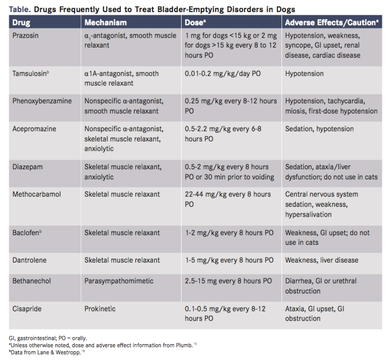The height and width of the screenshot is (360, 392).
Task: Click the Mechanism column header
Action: point(105,22)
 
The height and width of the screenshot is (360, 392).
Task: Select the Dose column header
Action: point(195,22)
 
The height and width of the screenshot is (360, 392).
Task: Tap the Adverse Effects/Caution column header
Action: point(332,22)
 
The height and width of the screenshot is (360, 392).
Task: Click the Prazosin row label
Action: point(25,35)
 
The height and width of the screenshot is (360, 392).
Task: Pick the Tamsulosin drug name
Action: point(30,74)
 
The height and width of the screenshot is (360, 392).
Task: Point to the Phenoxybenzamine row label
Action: point(42,101)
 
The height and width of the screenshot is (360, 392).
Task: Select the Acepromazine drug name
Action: point(34,129)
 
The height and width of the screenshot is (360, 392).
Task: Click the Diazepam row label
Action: point(27,167)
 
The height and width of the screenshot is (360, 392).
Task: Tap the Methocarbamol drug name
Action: point(37,194)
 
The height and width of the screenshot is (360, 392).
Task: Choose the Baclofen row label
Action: point(27,233)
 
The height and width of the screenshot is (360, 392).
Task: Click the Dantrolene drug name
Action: point(29,260)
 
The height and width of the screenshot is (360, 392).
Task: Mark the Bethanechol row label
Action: point(31,281)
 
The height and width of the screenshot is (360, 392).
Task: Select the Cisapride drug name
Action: point(27,309)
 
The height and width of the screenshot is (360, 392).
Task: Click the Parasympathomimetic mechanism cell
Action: point(119,281)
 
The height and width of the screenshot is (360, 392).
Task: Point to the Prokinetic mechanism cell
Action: point(100,309)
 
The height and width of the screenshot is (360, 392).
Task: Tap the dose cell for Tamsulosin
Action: point(223,74)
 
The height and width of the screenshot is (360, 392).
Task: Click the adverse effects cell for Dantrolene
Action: point(322,260)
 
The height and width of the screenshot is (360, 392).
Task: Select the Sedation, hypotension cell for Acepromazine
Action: point(319,129)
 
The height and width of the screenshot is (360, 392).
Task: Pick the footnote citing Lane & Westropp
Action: point(47,352)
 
